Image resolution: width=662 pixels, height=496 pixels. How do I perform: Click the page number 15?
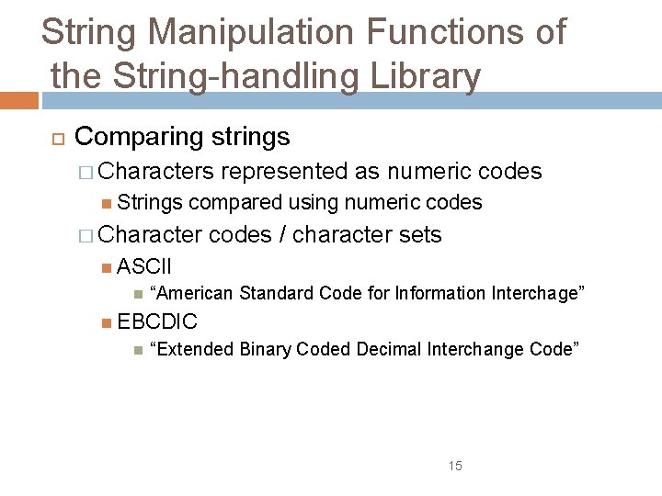pos(455,467)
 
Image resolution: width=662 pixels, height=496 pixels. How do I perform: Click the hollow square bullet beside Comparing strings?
pos(54,138)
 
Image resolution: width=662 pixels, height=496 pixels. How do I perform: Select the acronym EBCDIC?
pos(157,322)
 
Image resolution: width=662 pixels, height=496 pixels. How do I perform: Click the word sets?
pos(420,235)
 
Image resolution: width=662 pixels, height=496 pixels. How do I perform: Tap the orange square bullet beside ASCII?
pos(108,268)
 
